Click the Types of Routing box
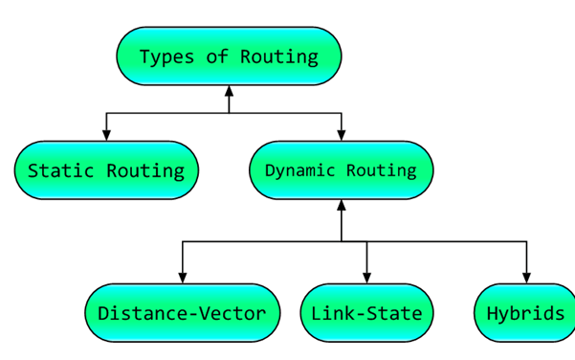(229, 56)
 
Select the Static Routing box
(106, 170)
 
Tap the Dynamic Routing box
(341, 170)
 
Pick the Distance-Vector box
(182, 313)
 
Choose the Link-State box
(366, 313)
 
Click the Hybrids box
(525, 313)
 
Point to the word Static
(60, 171)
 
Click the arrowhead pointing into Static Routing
(106, 135)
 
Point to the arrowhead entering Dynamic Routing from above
(342, 135)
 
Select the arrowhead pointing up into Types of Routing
(229, 92)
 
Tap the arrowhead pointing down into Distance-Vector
(183, 278)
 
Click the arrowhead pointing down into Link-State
(366, 278)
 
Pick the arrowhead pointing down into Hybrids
(526, 278)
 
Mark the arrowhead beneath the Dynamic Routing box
(342, 206)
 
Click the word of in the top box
(219, 56)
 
